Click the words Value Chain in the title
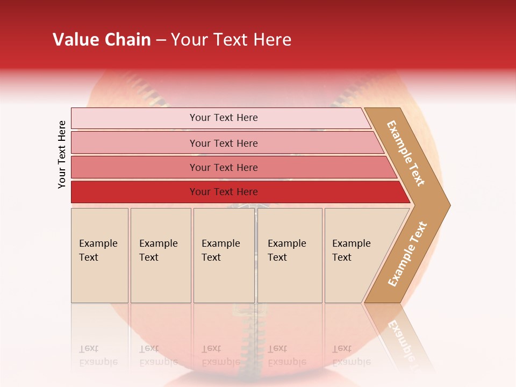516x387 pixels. [102, 40]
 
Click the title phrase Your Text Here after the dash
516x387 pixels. [231, 40]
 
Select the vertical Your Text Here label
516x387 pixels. [62, 154]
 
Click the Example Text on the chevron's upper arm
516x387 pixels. [406, 153]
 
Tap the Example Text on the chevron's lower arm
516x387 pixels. [407, 254]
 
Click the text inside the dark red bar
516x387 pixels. [224, 192]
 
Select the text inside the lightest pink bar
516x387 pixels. [224, 118]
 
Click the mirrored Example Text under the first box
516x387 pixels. [98, 355]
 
